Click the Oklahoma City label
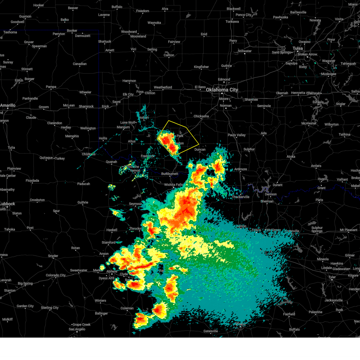(222, 90)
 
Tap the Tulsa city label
(298, 48)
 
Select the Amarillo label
(8, 105)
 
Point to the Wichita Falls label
(173, 185)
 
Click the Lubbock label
(7, 204)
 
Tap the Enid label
(204, 34)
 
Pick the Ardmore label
(241, 169)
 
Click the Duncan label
(200, 149)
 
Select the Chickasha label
(201, 116)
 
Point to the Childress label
(88, 154)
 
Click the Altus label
(132, 141)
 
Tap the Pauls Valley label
(236, 135)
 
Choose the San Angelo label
(77, 329)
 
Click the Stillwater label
(244, 51)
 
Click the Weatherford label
(163, 87)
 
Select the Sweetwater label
(79, 270)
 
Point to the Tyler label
(332, 277)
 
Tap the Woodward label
(129, 32)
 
